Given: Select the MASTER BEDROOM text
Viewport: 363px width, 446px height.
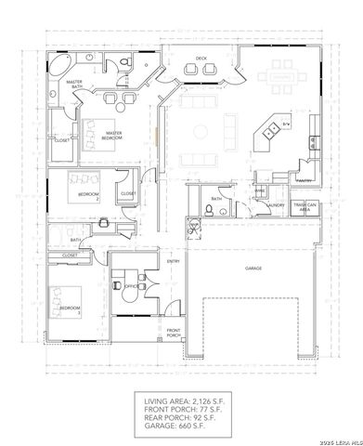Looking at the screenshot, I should [x=114, y=135].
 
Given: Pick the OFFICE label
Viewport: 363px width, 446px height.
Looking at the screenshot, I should [x=131, y=287].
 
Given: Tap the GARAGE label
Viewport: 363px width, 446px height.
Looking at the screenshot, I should [x=253, y=267].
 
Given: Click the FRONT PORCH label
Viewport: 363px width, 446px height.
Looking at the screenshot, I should [x=174, y=333].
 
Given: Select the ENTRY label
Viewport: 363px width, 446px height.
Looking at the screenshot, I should [x=173, y=262].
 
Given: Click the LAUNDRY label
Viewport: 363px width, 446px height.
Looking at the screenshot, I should [x=263, y=206].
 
